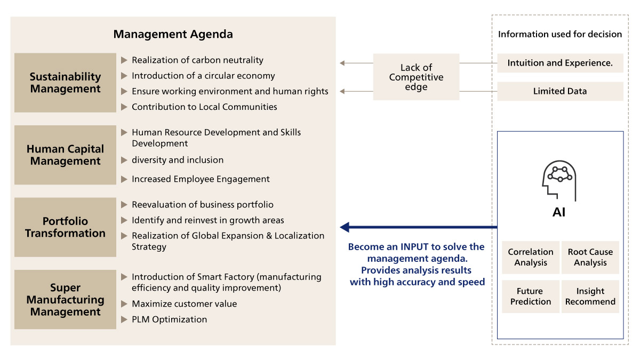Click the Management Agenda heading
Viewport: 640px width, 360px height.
173,34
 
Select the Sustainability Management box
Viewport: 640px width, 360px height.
65,83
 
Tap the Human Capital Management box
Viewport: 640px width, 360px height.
65,155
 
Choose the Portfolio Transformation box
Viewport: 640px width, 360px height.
65,227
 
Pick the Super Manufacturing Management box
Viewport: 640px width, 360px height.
65,299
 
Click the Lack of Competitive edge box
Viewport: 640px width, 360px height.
416,77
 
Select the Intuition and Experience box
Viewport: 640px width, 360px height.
560,63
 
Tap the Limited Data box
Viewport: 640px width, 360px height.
560,91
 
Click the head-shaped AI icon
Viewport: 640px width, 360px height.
559,181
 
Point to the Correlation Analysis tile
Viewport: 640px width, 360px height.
531,258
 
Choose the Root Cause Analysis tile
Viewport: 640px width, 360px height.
590,258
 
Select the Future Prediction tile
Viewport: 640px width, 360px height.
531,297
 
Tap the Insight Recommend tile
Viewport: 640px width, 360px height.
590,297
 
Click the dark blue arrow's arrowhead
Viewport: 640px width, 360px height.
345,227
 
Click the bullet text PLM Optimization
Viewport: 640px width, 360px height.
169,319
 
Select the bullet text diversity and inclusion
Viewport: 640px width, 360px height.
178,160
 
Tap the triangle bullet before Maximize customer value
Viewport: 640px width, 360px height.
124,303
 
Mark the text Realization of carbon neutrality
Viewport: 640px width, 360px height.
197,60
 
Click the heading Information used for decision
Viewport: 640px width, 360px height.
560,34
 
